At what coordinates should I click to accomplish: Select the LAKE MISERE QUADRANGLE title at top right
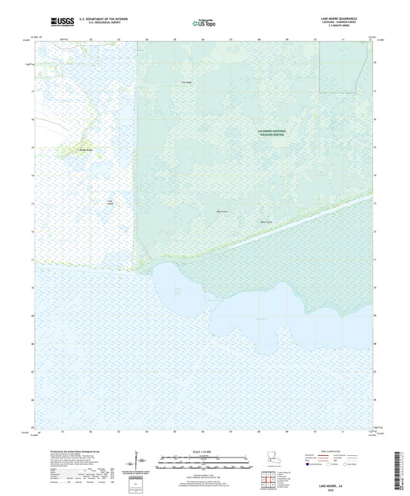pyautogui.click(x=348, y=17)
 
